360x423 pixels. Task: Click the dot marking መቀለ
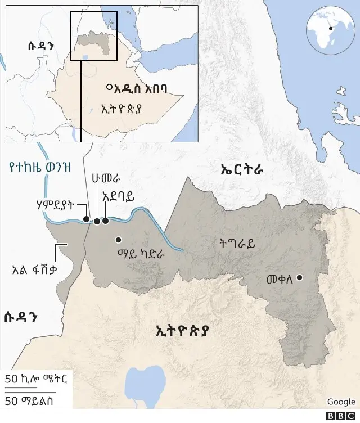[300, 277]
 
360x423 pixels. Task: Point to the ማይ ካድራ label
[141, 254]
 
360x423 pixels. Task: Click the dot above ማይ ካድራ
[118, 240]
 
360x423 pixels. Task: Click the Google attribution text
[341, 402]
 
